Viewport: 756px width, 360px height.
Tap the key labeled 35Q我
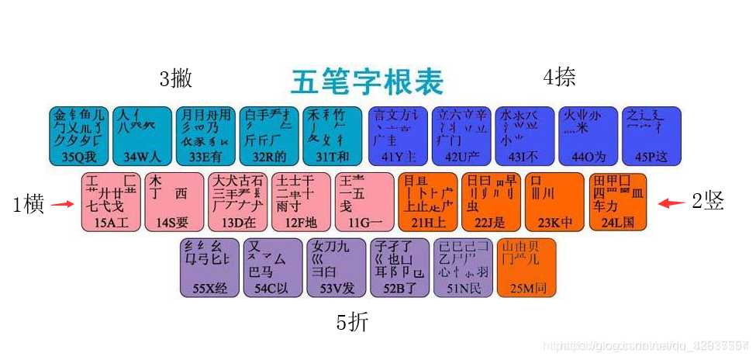pos(79,136)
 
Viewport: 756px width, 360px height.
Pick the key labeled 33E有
pos(205,136)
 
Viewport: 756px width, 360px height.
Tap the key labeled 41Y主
pos(396,136)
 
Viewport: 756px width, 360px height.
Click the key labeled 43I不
pos(525,136)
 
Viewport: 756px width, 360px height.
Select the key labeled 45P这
pos(651,136)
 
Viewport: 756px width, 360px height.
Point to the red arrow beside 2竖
pos(671,203)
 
